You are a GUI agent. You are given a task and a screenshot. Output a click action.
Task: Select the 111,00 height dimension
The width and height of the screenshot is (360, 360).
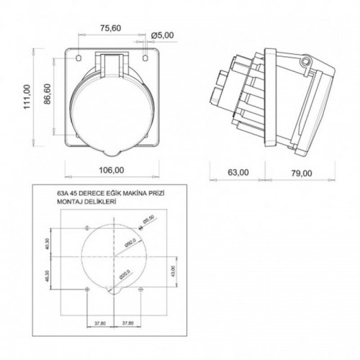pos(27,96)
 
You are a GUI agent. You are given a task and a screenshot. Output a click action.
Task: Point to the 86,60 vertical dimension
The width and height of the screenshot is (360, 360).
pos(47,93)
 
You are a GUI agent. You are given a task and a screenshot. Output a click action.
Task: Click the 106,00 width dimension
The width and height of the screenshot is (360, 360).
pos(110,171)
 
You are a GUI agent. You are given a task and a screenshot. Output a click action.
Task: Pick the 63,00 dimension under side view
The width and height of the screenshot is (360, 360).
pos(238,172)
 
